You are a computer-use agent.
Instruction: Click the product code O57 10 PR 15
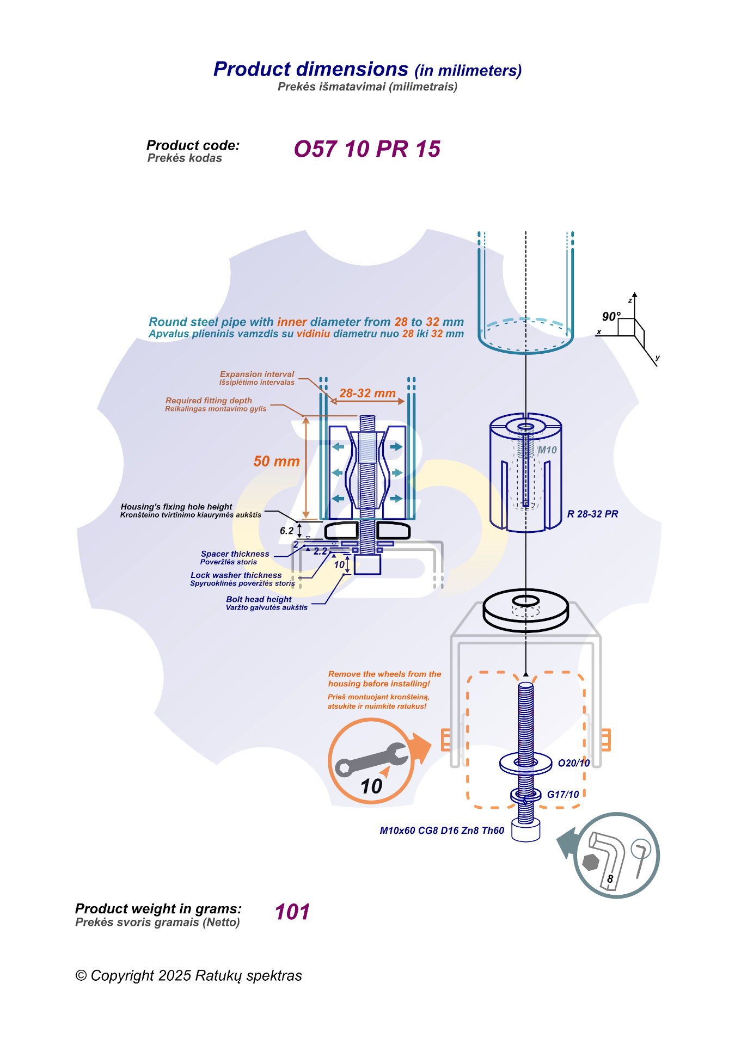click(x=367, y=149)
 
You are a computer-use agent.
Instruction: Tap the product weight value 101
click(x=292, y=912)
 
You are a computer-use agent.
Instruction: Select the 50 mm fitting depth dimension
click(x=277, y=462)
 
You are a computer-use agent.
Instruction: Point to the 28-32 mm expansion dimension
click(x=367, y=393)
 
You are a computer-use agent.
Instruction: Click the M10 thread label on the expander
click(x=547, y=450)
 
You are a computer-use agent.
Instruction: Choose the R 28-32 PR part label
click(x=592, y=514)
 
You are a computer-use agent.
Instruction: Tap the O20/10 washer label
click(x=574, y=763)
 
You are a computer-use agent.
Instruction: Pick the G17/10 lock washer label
click(x=563, y=795)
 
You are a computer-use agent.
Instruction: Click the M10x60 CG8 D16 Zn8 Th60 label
click(x=442, y=831)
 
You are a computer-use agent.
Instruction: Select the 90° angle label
click(x=611, y=317)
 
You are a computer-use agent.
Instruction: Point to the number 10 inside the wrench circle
click(x=371, y=786)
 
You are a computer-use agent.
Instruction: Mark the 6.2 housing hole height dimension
click(x=286, y=531)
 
